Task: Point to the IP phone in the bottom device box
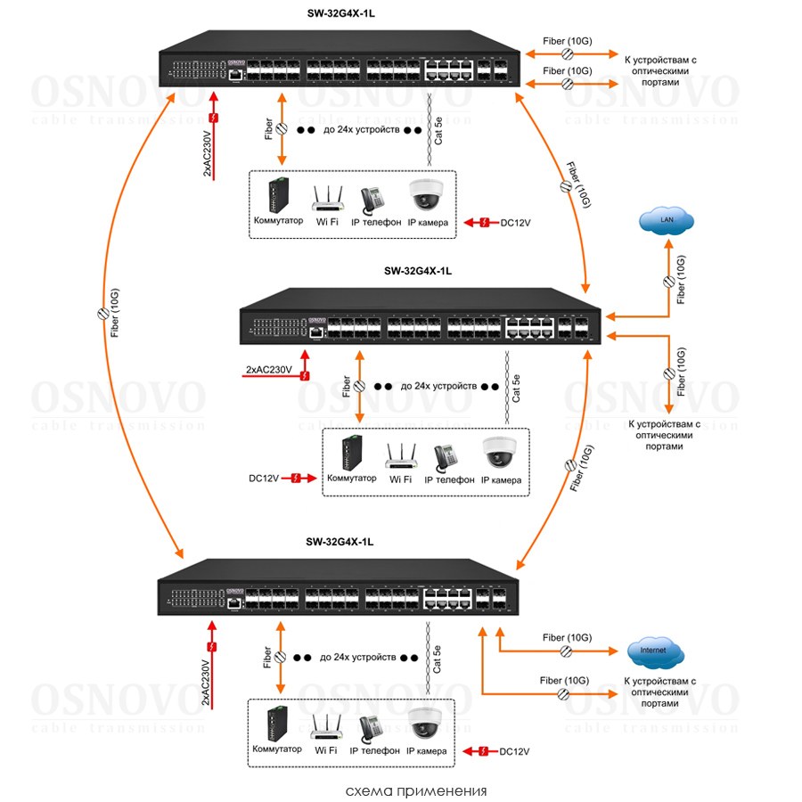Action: (x=370, y=725)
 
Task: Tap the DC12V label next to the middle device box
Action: (x=264, y=479)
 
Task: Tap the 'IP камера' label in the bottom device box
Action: (x=427, y=751)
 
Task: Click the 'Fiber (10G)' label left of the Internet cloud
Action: (x=566, y=637)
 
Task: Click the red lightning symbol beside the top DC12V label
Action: (x=482, y=222)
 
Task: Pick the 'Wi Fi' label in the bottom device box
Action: (x=326, y=751)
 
